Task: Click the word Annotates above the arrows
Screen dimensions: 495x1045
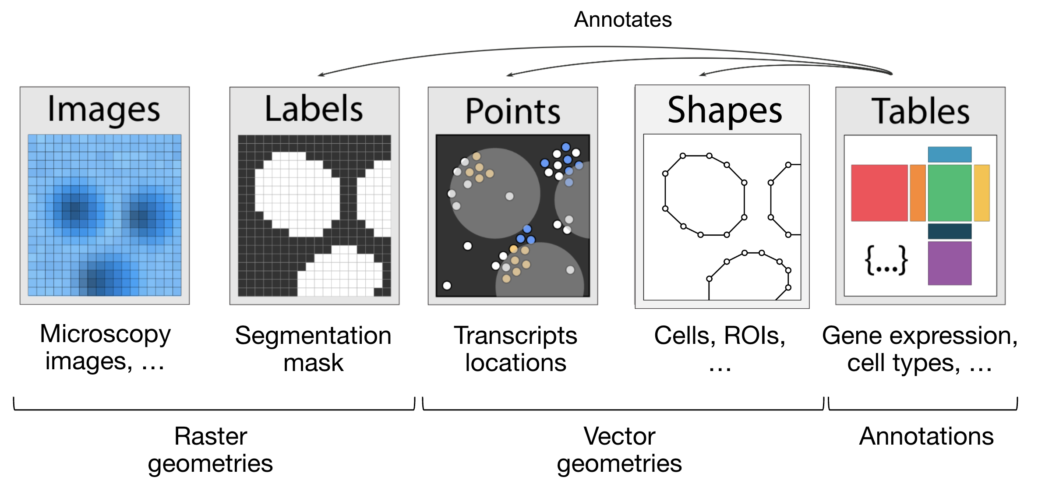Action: coord(622,20)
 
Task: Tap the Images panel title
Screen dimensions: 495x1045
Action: coord(104,110)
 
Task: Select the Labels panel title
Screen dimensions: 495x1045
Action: coord(314,109)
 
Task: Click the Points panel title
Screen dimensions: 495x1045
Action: coord(512,111)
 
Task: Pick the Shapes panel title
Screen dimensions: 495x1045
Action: coord(724,110)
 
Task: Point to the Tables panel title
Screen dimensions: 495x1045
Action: coord(920,111)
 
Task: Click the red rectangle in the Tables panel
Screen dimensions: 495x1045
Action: coord(879,193)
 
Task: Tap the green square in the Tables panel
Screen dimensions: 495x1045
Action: coord(950,193)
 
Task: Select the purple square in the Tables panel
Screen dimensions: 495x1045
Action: coord(950,263)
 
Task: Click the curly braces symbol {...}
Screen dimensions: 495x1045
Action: coord(886,260)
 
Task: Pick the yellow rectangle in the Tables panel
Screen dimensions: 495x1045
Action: coord(981,193)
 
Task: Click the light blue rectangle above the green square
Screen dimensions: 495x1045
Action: coord(950,155)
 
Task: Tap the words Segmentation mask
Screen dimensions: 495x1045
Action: coord(313,349)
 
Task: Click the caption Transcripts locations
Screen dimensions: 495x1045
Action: coord(515,349)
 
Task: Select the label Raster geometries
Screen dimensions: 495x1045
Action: coord(211,449)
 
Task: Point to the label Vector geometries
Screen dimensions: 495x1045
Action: coord(619,449)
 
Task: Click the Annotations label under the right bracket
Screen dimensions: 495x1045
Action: coord(926,436)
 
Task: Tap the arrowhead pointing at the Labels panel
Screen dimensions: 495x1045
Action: coord(321,75)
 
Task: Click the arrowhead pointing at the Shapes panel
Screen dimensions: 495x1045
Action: coord(702,74)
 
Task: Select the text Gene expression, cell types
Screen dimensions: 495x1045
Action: coord(920,349)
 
